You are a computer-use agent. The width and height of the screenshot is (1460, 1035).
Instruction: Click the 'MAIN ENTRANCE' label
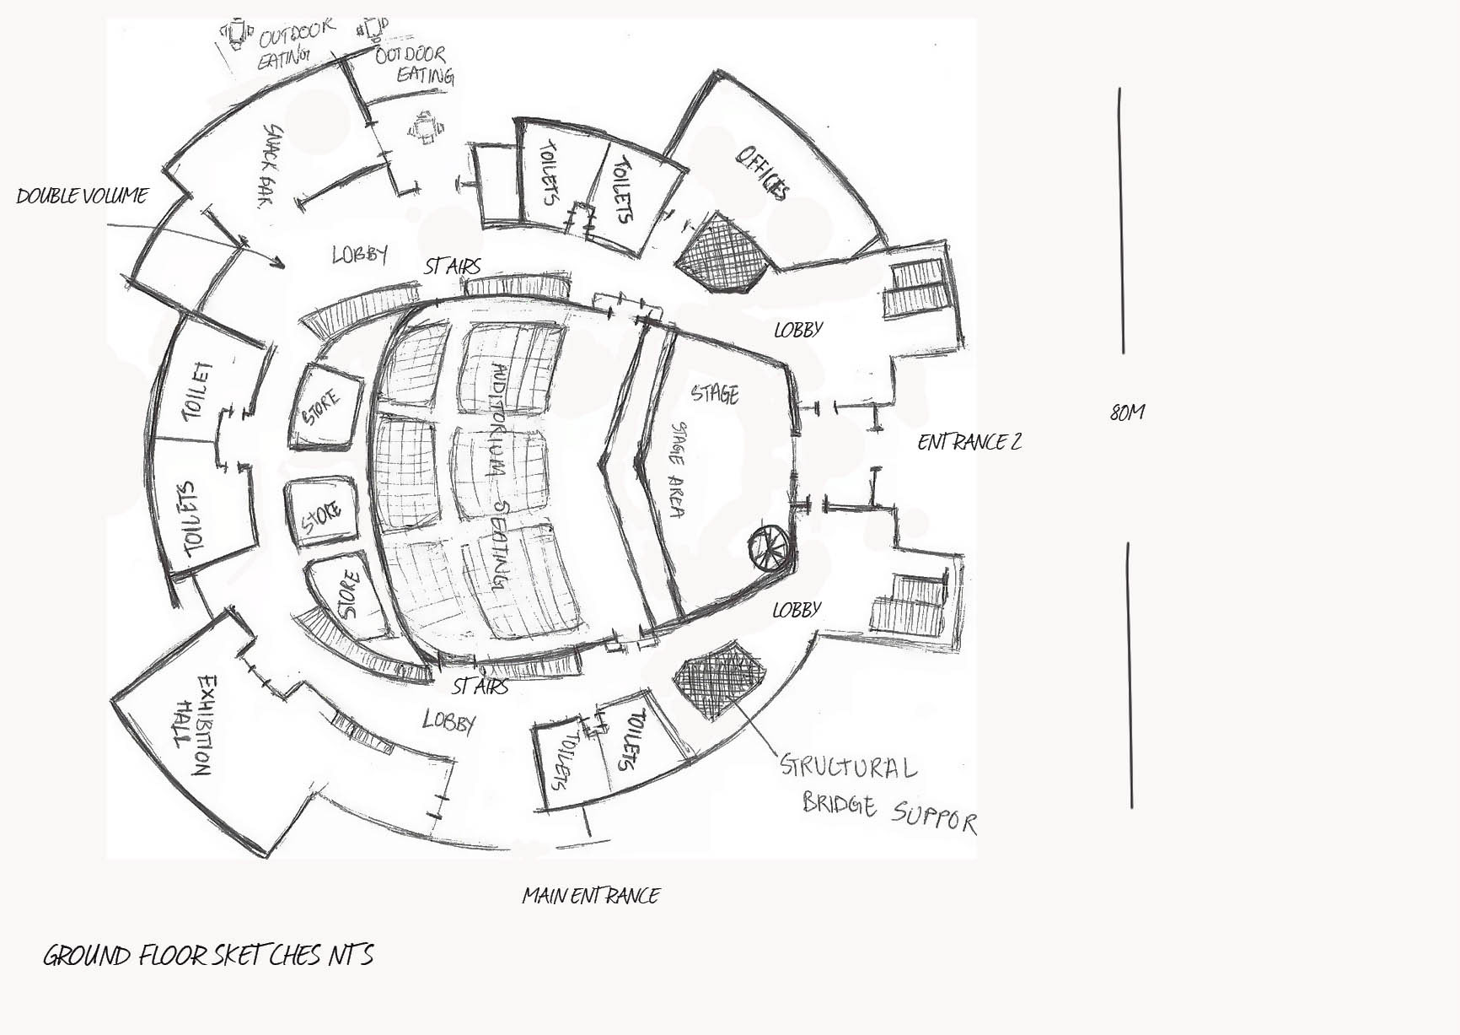(x=590, y=895)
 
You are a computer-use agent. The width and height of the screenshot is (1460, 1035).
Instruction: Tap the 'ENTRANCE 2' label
(x=969, y=442)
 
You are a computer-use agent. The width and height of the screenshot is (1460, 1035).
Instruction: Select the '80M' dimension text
(x=1127, y=412)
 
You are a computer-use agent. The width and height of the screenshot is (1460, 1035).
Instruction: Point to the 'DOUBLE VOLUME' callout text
(x=82, y=197)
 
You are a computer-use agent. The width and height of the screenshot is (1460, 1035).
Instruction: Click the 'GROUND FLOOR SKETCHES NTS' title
(x=207, y=956)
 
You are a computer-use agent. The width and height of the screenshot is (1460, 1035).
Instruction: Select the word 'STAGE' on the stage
(x=715, y=394)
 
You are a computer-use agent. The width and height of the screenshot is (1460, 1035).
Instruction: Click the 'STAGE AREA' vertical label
(x=677, y=469)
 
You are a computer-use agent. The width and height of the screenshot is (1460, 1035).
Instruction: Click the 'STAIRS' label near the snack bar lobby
(x=453, y=267)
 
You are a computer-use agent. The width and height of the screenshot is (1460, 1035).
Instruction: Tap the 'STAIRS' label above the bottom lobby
(x=480, y=686)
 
